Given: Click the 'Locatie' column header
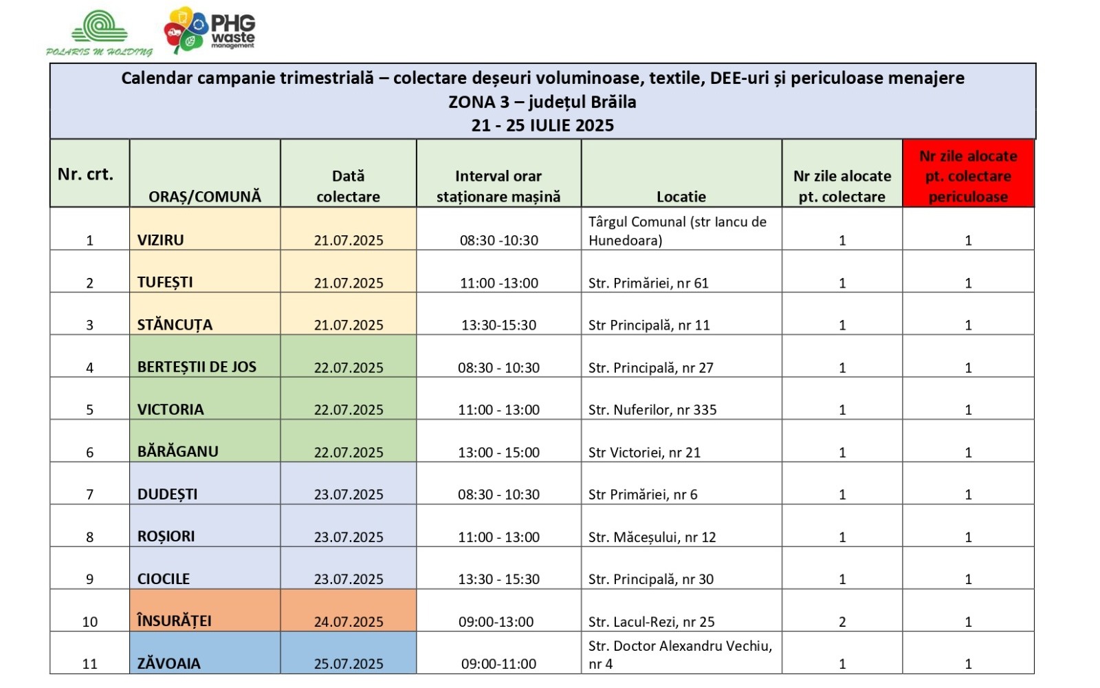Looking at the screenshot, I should [681, 197].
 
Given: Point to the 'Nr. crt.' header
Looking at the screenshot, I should [86, 175].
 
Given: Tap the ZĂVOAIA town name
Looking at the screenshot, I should [169, 663].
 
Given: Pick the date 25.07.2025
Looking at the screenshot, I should [349, 663].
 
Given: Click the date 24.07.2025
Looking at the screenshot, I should [349, 621].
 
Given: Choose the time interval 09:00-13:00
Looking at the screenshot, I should [496, 622].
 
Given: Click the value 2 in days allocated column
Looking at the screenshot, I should [842, 622].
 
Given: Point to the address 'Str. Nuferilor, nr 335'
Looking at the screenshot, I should [652, 410].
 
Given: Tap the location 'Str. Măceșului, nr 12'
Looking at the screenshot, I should [652, 537].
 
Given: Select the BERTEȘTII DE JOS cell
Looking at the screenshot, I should [197, 367].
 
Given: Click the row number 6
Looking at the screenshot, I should [89, 452].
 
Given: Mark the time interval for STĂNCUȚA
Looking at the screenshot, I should [498, 325].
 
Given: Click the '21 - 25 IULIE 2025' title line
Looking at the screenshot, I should [542, 125].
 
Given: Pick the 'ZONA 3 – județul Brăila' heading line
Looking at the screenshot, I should [542, 102].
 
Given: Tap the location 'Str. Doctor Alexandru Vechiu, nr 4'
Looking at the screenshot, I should [680, 654].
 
